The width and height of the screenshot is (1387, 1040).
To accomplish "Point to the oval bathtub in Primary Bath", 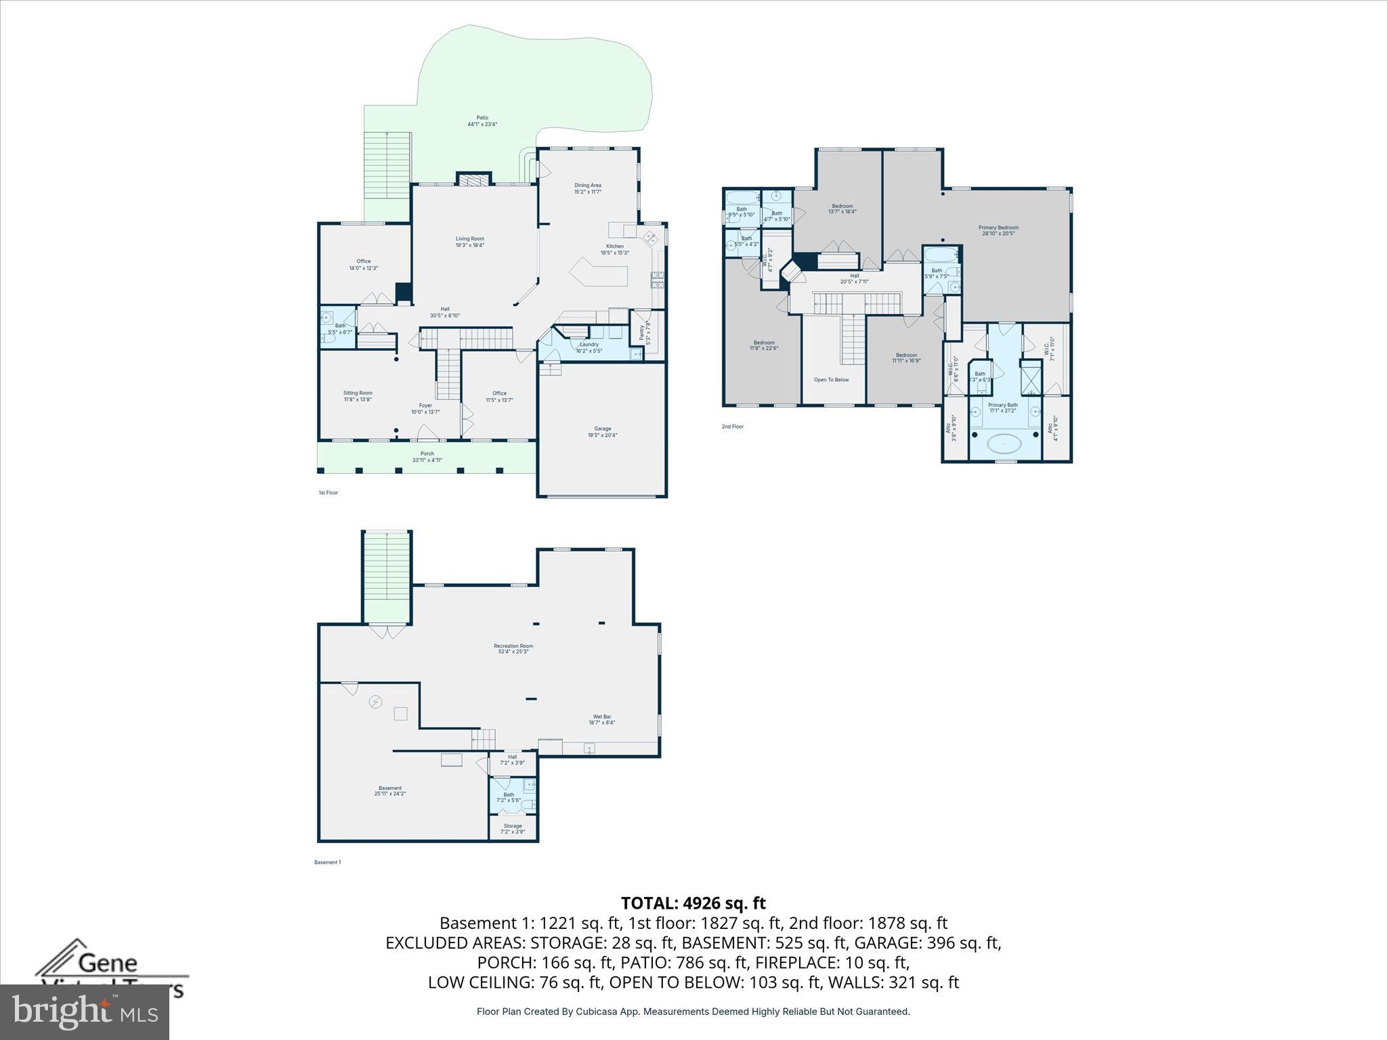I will [1004, 444].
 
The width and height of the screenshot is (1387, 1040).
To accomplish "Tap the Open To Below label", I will [831, 380].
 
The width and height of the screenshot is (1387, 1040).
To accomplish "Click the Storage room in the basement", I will [513, 828].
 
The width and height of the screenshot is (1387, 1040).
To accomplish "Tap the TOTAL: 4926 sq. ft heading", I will [693, 903].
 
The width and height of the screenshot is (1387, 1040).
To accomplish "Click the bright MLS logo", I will [85, 1012].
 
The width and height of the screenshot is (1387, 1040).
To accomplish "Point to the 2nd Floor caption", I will [732, 427].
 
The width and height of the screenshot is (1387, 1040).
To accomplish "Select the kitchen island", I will [599, 274].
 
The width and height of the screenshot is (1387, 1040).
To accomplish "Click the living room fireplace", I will [473, 179].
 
